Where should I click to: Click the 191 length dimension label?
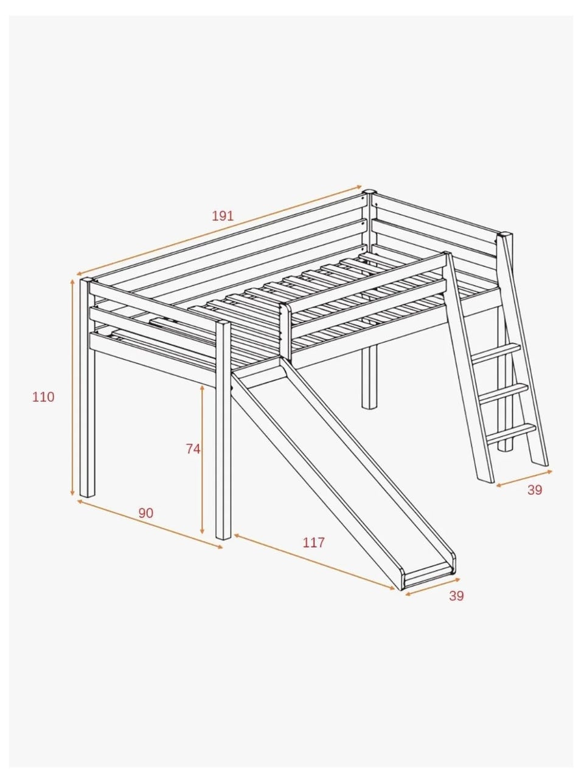(223, 216)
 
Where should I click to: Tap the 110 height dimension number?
(44, 397)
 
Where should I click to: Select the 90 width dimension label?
(145, 513)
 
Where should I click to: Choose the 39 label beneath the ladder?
(535, 490)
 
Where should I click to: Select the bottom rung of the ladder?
(511, 434)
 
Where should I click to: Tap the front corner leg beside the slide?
(223, 430)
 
